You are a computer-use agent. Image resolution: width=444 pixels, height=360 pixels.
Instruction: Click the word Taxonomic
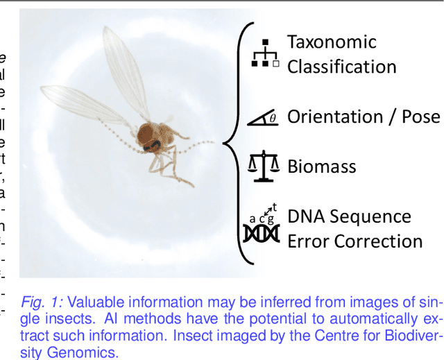[332, 42]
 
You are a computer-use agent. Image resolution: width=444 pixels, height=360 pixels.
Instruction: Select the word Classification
[341, 67]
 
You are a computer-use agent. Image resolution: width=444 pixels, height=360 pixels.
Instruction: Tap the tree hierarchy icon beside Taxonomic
[264, 53]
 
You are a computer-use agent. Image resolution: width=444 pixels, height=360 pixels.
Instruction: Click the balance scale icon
[264, 166]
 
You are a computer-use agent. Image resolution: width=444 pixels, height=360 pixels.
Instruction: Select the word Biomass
[322, 166]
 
